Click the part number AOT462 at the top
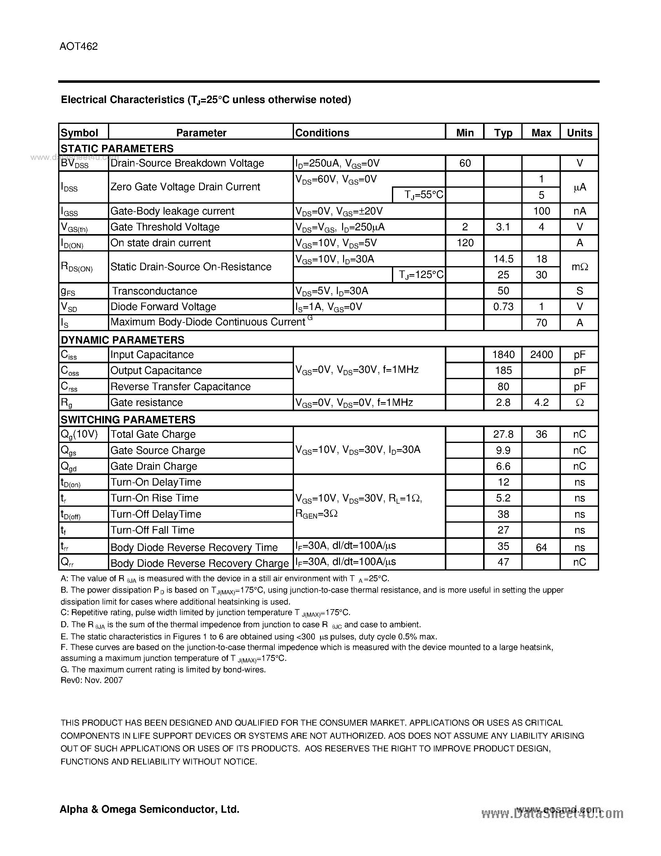79,47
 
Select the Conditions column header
322,133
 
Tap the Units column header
579,133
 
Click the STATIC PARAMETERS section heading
117,148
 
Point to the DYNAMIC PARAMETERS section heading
123,340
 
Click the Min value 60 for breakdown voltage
465,163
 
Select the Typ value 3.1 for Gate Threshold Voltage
503,227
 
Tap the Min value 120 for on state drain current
465,243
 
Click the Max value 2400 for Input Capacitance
541,355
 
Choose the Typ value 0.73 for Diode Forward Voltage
503,307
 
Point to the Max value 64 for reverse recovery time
541,547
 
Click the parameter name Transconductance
154,291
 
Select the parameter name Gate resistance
147,402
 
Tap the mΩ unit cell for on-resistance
579,267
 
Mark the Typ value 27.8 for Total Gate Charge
503,434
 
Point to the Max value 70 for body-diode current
541,322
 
